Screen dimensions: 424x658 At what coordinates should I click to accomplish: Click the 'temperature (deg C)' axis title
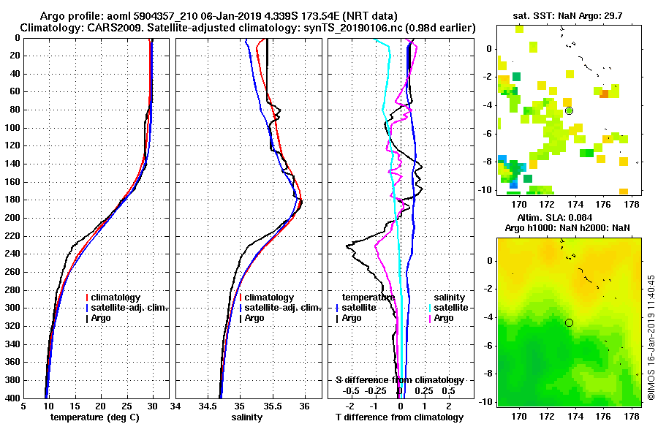pyautogui.click(x=94, y=417)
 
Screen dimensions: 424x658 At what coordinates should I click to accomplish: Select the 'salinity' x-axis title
pyautogui.click(x=249, y=417)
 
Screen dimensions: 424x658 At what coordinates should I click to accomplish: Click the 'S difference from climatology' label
pyautogui.click(x=399, y=380)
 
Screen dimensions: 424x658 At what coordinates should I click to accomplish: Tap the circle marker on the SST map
pyautogui.click(x=569, y=110)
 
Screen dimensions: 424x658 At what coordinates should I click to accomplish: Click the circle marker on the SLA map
pyautogui.click(x=569, y=322)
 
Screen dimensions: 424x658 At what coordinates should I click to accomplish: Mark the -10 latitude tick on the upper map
pyautogui.click(x=487, y=189)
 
